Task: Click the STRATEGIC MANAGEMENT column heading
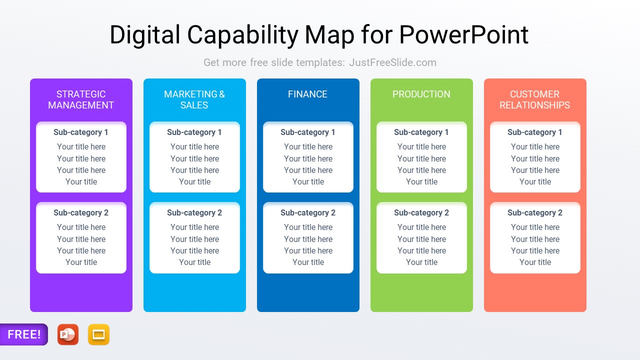(81, 99)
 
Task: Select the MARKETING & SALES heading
(194, 99)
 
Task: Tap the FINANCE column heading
(307, 94)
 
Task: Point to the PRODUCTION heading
(421, 94)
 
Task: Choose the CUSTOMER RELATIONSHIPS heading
(534, 99)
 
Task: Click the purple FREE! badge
(24, 334)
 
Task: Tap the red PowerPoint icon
(68, 334)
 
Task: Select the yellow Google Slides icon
(98, 334)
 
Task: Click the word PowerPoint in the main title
(463, 35)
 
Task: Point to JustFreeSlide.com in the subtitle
(392, 62)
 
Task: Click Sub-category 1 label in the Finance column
(308, 132)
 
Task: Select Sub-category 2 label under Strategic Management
(81, 213)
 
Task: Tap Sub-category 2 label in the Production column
(421, 213)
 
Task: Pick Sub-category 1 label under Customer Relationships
(535, 132)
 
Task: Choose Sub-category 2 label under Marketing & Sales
(194, 213)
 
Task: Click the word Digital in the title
(145, 35)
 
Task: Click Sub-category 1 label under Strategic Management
(81, 132)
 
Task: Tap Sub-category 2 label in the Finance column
(308, 213)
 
